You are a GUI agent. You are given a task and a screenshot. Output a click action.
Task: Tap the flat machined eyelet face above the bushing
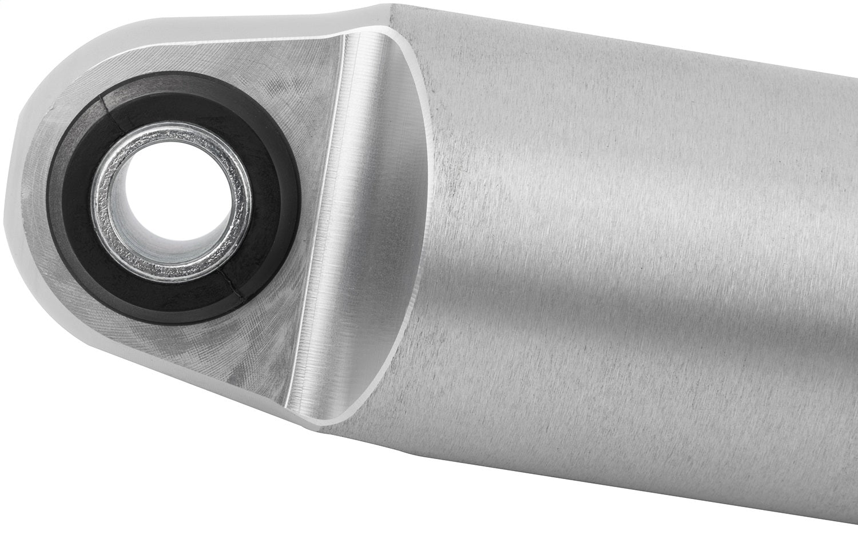257,74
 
